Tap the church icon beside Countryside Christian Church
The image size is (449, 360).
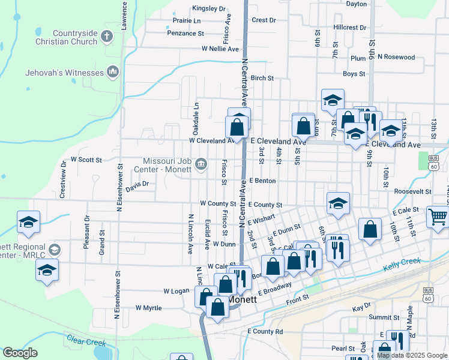(107, 37)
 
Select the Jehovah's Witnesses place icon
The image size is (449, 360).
(112, 73)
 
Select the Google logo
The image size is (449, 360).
(20, 352)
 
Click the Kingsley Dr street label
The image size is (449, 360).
(209, 9)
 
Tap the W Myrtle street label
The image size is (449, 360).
(149, 308)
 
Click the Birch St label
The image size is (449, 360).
(262, 78)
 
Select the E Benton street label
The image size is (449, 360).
(262, 180)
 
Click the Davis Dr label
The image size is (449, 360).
(137, 187)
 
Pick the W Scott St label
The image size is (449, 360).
(86, 160)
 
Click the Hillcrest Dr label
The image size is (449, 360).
(350, 28)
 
